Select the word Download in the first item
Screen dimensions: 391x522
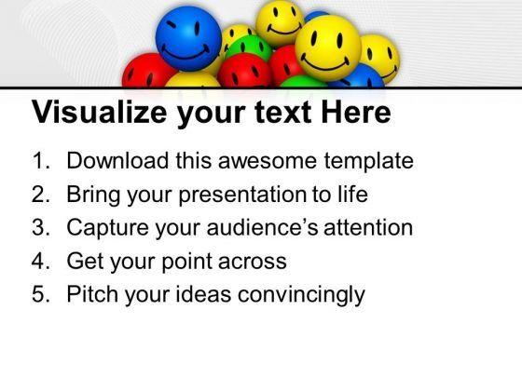(x=115, y=161)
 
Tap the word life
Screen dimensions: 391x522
(x=350, y=195)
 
